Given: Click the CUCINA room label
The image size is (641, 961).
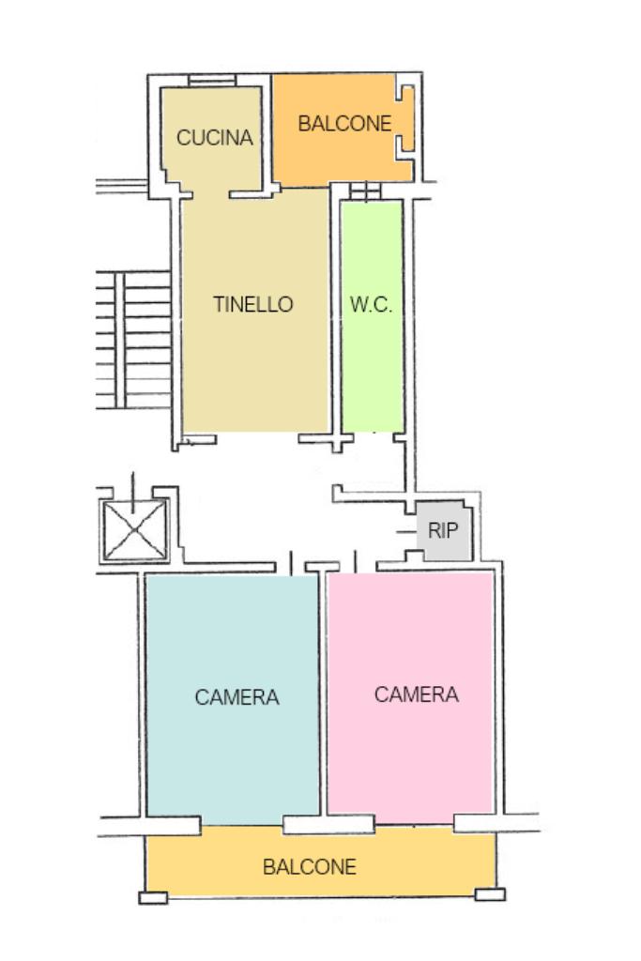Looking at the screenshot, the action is [x=215, y=138].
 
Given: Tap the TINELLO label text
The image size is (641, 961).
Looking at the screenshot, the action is [x=252, y=305].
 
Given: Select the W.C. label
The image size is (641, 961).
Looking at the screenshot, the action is [x=371, y=305].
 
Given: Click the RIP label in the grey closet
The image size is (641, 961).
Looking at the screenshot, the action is [x=443, y=530].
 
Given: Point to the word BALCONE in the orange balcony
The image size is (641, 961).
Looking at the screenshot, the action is [x=344, y=124].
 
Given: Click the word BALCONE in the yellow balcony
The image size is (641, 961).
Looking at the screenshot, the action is [x=310, y=867].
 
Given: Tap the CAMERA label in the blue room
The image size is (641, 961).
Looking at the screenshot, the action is [x=237, y=698].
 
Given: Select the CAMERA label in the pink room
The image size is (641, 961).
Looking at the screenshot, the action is [x=417, y=694].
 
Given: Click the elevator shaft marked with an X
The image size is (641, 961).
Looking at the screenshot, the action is [x=135, y=530].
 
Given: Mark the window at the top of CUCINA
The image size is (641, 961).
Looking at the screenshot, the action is [x=211, y=81].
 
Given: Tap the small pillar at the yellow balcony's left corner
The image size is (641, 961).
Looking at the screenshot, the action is [x=153, y=897].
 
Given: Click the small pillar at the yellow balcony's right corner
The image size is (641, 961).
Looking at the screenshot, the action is [x=490, y=894].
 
